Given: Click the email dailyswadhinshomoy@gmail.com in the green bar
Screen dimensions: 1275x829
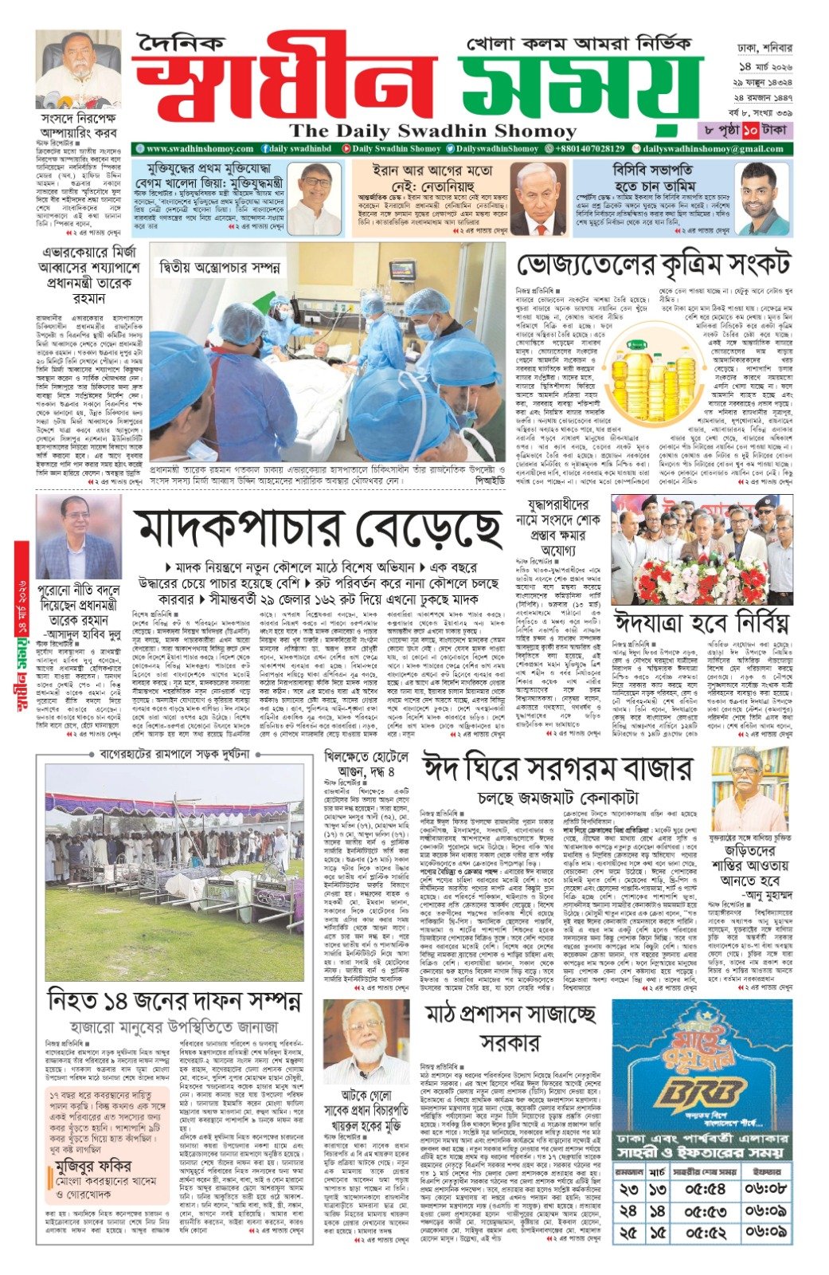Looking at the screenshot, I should tap(713, 149).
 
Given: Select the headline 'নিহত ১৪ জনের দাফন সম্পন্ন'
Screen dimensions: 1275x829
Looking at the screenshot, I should tap(174, 999).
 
